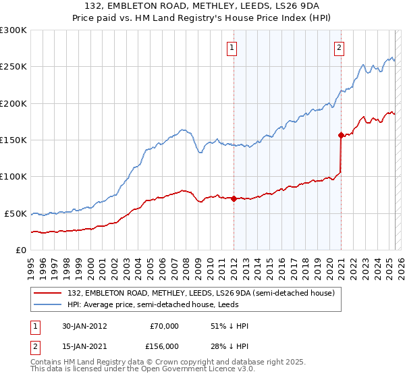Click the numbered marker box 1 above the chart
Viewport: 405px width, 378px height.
click(x=232, y=47)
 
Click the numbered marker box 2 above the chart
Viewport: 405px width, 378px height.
click(x=338, y=47)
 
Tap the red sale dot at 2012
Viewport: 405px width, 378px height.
click(x=234, y=198)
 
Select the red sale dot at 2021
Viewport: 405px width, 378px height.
click(x=341, y=134)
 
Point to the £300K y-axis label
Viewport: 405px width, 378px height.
click(x=13, y=30)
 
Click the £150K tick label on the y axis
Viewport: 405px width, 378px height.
click(x=13, y=140)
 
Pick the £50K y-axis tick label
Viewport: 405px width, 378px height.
click(x=16, y=213)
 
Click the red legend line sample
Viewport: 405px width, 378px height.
click(x=47, y=293)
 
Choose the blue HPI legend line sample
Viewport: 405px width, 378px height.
click(x=47, y=304)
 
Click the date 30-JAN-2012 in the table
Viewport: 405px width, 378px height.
click(x=82, y=325)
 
